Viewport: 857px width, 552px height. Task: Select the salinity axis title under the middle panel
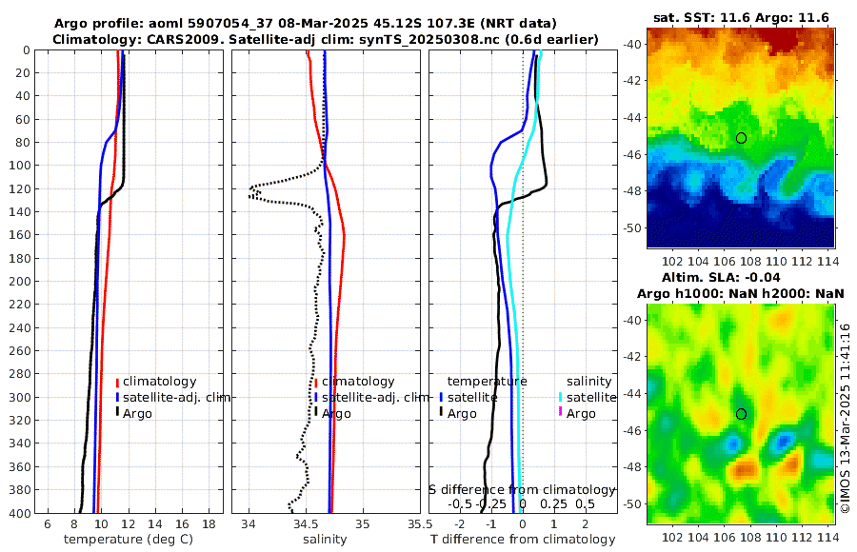[x=324, y=540]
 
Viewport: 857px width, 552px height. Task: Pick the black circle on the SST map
[x=741, y=138]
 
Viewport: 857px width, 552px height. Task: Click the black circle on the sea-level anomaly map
[x=741, y=414]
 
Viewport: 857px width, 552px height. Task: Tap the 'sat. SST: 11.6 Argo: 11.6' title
[x=742, y=18]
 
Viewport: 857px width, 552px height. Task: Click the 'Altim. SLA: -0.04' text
[x=742, y=277]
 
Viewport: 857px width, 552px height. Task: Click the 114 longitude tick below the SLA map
[x=827, y=538]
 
